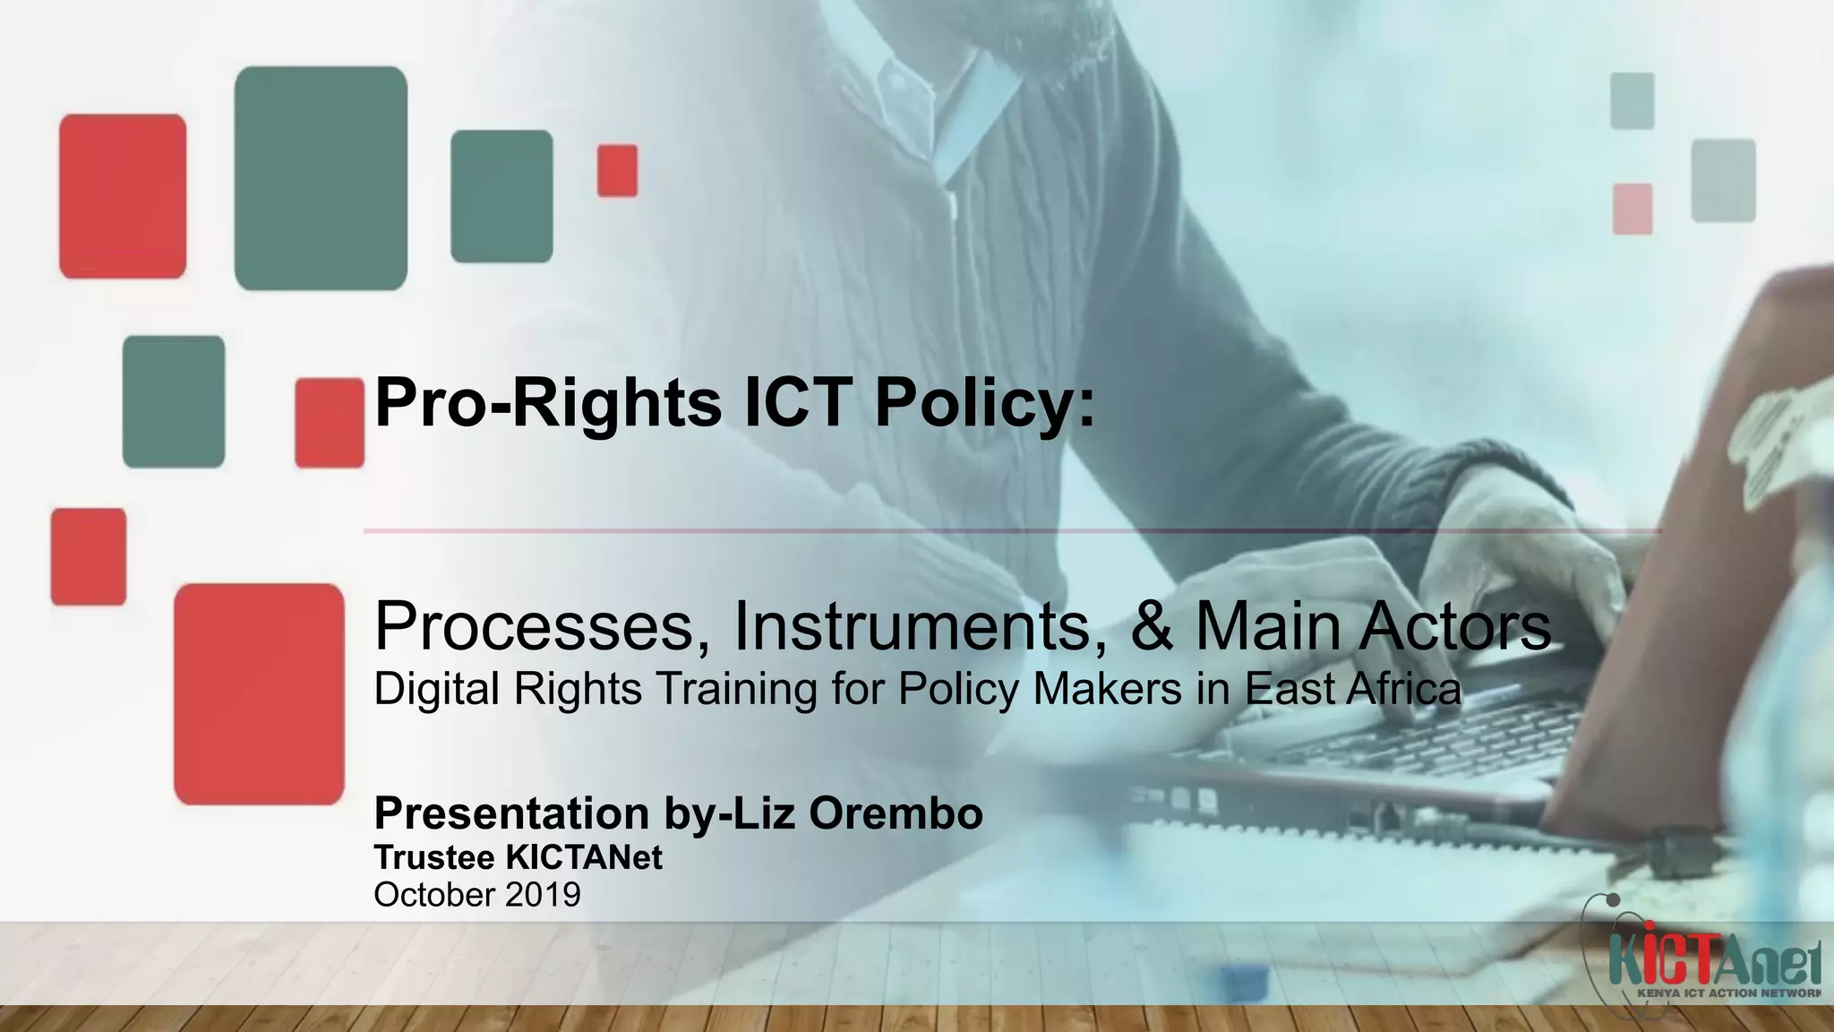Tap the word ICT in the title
point(798,403)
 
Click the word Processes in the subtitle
point(535,626)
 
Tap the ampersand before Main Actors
point(1153,626)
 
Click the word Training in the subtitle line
point(736,689)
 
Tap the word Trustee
point(434,857)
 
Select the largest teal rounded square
point(321,178)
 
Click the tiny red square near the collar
point(618,170)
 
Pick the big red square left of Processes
point(259,693)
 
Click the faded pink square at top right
point(1633,209)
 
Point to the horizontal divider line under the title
point(1012,531)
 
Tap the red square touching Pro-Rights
point(329,423)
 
